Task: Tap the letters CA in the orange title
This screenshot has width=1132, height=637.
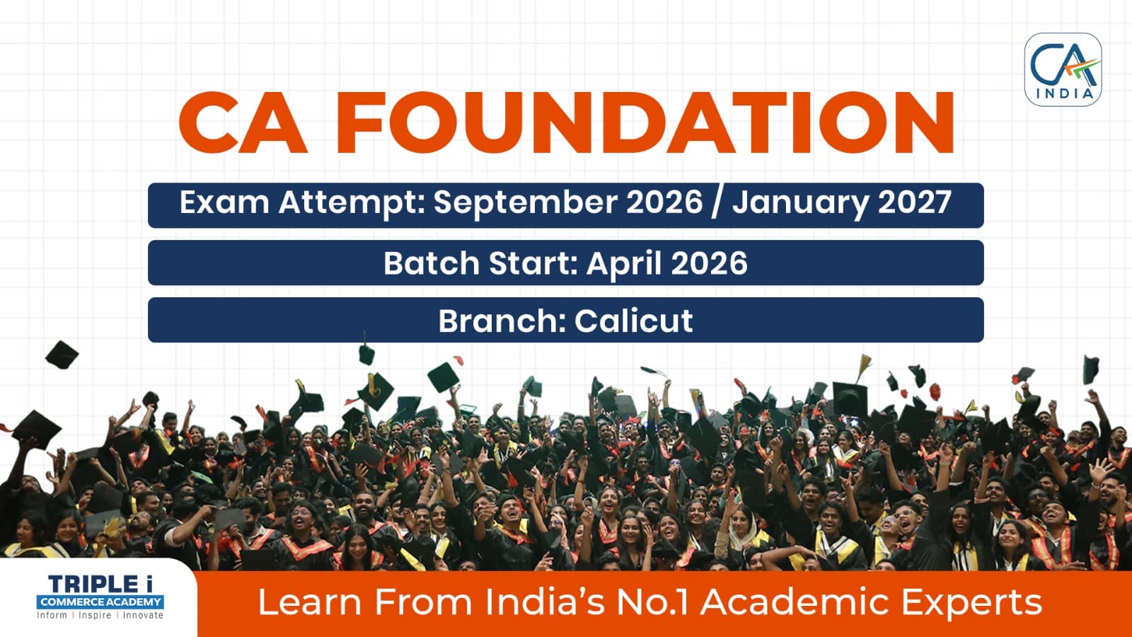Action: [x=243, y=122]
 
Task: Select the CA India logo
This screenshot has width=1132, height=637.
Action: [x=1063, y=70]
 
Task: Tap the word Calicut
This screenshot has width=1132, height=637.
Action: [x=634, y=321]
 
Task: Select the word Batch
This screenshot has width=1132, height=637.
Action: [x=431, y=263]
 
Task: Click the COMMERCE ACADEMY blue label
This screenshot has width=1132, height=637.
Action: [x=100, y=602]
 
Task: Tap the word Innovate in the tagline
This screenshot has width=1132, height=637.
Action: [x=143, y=615]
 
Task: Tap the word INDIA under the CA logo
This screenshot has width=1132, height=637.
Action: [x=1065, y=93]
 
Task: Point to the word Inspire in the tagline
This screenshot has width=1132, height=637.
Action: [x=95, y=616]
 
